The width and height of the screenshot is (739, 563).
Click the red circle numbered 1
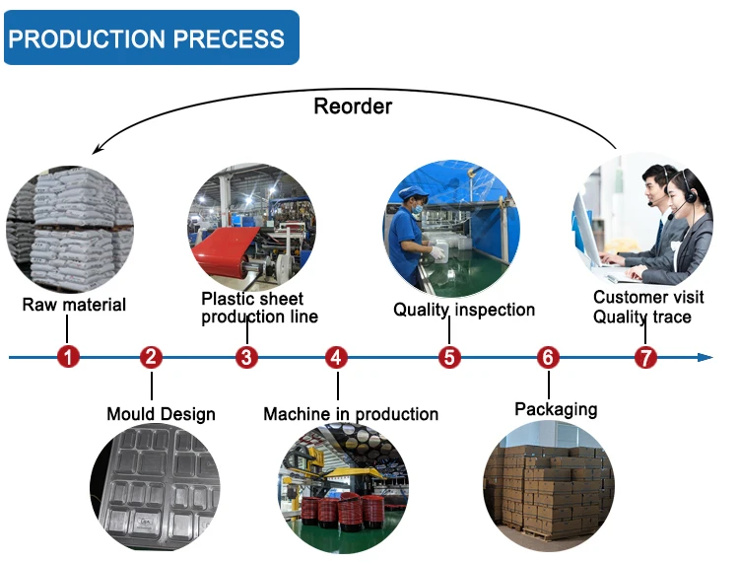[68, 357]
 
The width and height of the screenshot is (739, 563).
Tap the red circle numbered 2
[152, 357]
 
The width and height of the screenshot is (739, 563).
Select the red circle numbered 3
[247, 357]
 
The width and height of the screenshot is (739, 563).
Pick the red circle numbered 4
[337, 357]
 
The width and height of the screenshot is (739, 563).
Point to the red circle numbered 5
[449, 357]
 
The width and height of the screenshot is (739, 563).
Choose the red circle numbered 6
[548, 357]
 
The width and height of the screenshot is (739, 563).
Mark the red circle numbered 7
[645, 357]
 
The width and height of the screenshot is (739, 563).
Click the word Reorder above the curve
[353, 106]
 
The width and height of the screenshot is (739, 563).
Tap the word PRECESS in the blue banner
[229, 38]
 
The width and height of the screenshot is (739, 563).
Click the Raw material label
[74, 305]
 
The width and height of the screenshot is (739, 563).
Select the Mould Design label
[162, 414]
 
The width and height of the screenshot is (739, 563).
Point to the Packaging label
[556, 409]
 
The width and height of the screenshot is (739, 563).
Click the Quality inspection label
[464, 310]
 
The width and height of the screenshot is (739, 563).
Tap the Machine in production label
[351, 414]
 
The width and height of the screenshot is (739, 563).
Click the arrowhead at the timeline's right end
[705, 357]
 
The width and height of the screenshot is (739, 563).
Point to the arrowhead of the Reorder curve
[97, 149]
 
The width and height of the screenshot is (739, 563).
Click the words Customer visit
[648, 297]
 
